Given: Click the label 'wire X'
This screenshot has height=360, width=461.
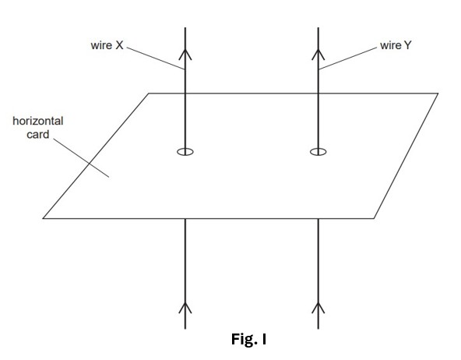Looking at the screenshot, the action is pos(107,45).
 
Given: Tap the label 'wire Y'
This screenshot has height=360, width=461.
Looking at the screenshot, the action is pos(396,45).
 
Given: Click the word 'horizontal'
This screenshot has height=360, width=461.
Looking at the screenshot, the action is pos(38,121).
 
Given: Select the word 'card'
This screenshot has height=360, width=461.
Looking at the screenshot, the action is pos(37,134).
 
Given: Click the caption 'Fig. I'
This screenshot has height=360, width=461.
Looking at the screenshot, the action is pos(248,339).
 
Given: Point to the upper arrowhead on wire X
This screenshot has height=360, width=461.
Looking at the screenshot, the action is pos(185,55).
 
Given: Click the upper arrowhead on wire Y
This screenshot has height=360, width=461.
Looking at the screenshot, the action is pos(318,55).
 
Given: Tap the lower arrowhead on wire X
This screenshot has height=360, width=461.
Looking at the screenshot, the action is pos(185,308).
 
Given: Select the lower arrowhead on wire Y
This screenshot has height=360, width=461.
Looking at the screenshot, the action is pos(318,308).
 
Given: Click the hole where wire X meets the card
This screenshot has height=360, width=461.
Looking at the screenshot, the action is pos(178,152).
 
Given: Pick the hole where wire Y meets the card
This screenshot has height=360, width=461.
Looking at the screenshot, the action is pos(310,152).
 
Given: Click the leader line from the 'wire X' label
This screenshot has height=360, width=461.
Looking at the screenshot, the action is pos(156,58).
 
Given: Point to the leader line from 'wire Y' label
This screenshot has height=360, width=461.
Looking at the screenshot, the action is pos(347,58).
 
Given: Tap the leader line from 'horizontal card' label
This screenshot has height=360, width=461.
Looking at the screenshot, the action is pos(81,157).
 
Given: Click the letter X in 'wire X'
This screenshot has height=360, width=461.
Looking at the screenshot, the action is pos(119,45).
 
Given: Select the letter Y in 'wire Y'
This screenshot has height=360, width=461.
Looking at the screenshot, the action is pos(407,45).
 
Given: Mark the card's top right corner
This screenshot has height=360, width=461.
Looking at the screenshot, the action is pos(438,94).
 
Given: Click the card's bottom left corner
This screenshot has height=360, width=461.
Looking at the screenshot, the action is pos(43,218).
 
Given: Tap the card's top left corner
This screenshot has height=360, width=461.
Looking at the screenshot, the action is pos(149,94).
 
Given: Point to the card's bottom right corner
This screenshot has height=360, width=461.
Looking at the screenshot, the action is pos(374,218).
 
